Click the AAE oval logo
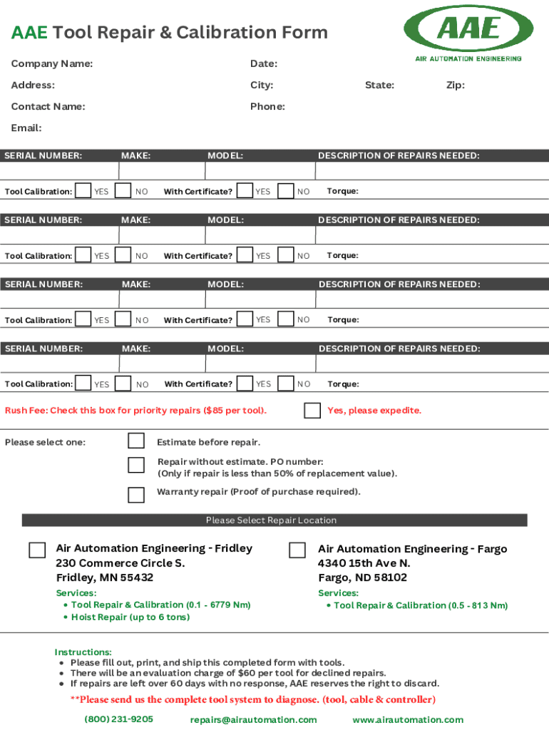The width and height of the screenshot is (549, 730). (468, 29)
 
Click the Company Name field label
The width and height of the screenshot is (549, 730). (51, 64)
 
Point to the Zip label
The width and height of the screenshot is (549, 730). (455, 86)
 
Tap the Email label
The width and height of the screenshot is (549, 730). (26, 128)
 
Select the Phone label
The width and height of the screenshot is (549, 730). (267, 107)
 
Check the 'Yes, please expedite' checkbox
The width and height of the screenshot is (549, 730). (312, 411)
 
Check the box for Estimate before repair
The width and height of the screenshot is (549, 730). (135, 441)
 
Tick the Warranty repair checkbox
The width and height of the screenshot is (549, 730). (135, 495)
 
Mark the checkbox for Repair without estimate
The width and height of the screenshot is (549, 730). (135, 466)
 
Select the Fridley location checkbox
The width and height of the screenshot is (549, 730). (37, 550)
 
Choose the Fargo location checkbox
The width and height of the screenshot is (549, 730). (297, 550)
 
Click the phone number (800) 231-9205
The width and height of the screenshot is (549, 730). (118, 719)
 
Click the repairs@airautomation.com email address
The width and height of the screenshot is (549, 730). (253, 720)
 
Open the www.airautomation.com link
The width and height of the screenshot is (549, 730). (407, 720)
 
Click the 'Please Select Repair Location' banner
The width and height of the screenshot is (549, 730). (271, 520)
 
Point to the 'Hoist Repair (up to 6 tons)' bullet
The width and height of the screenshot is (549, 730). (130, 617)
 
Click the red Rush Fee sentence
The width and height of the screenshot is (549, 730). (135, 411)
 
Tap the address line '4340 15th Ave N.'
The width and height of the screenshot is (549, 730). (364, 563)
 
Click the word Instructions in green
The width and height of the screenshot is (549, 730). (83, 652)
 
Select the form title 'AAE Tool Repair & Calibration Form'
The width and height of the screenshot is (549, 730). (169, 33)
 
